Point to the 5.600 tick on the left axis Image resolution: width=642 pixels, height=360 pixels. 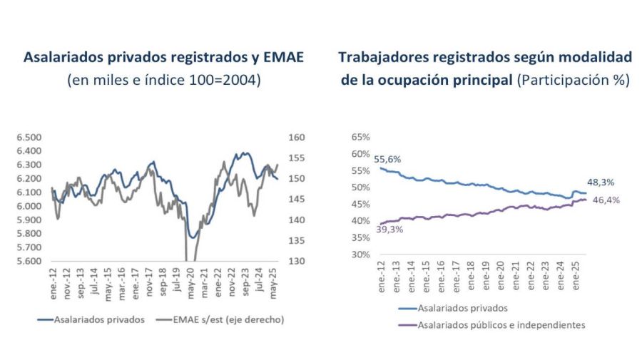pyautogui.click(x=30, y=262)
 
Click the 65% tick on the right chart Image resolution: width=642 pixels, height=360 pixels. pyautogui.click(x=360, y=137)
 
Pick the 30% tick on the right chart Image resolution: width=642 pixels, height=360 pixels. pyautogui.click(x=360, y=254)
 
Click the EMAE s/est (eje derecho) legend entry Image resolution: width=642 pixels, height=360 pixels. pyautogui.click(x=228, y=319)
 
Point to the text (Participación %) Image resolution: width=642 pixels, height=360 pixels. pyautogui.click(x=574, y=81)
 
